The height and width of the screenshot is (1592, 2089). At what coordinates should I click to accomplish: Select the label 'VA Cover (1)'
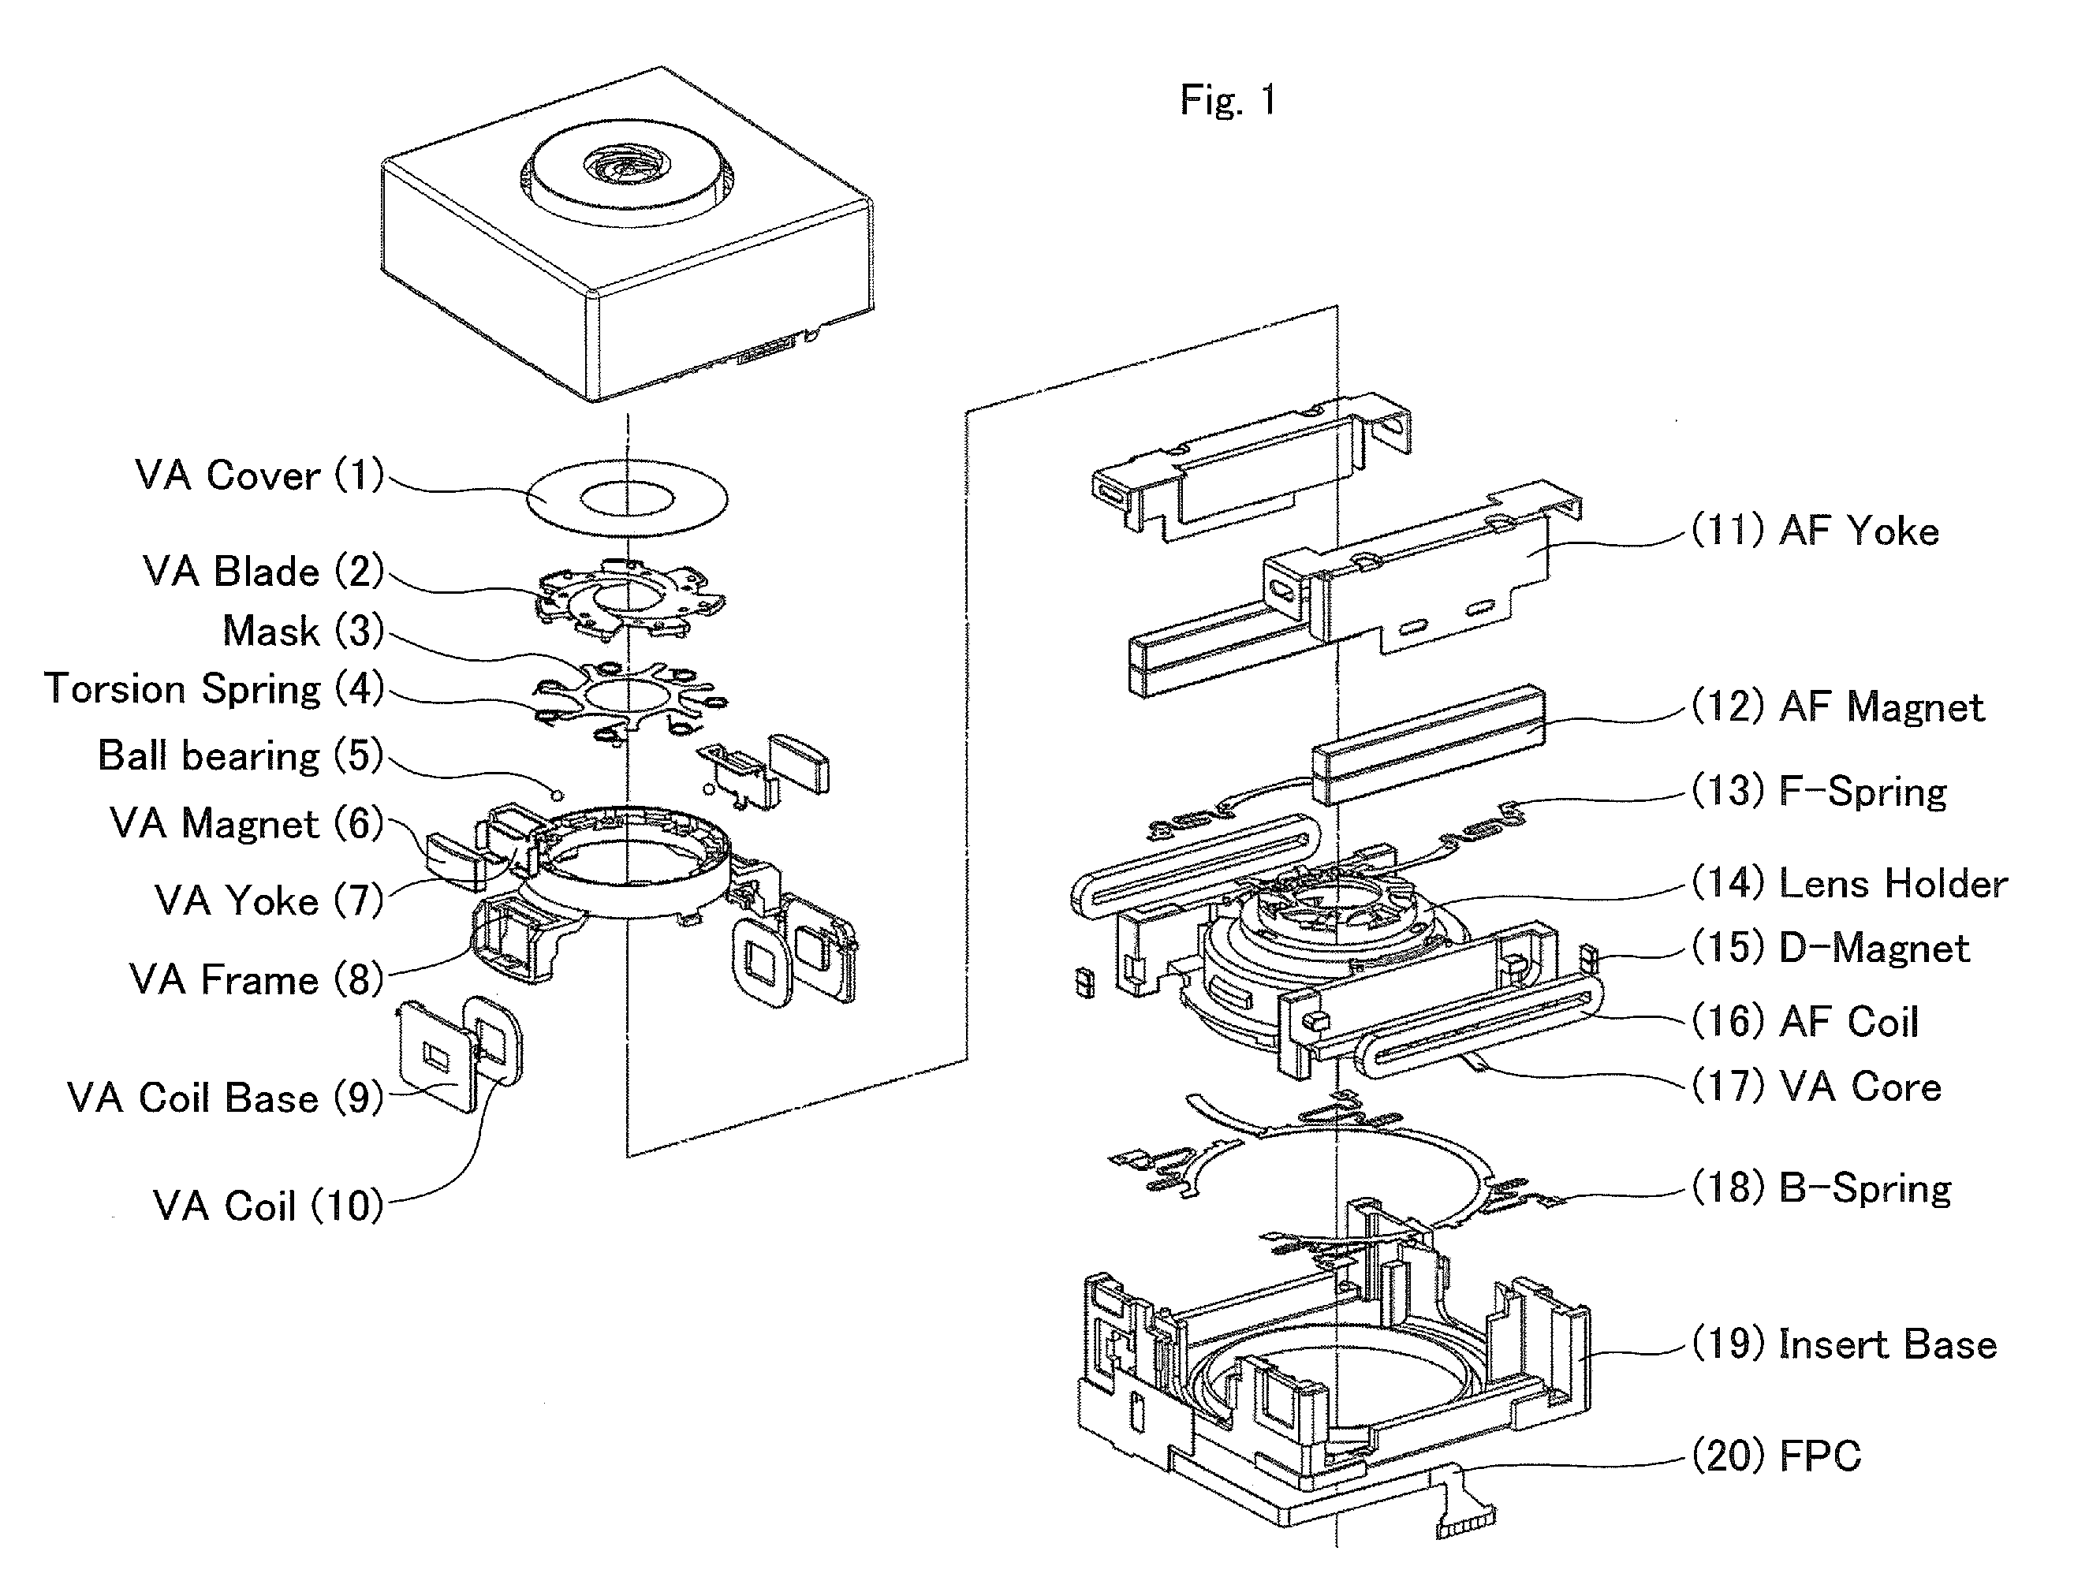click(x=259, y=475)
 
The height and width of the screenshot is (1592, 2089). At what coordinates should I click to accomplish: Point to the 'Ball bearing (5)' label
click(x=241, y=756)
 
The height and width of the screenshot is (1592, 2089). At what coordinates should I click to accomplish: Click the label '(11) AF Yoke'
click(x=1815, y=531)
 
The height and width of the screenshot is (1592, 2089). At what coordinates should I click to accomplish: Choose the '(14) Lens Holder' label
click(x=1849, y=883)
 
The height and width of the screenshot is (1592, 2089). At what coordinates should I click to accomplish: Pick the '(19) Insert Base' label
click(x=1845, y=1344)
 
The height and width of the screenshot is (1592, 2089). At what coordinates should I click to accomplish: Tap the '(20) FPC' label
click(x=1776, y=1456)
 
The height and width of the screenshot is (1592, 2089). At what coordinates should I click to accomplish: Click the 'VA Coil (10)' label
click(x=268, y=1206)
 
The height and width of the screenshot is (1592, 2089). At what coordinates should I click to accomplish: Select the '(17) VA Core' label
click(x=1816, y=1087)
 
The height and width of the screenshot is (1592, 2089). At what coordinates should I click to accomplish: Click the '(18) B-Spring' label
click(x=1822, y=1188)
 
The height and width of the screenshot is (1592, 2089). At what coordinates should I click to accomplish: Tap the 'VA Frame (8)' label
click(x=256, y=979)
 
